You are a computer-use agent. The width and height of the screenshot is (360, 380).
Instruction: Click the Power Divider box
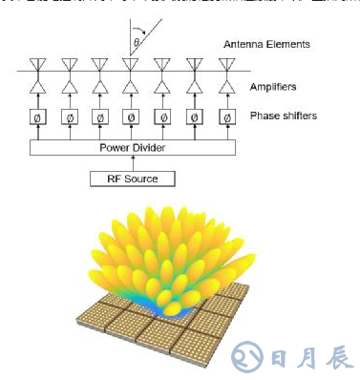pos(133,149)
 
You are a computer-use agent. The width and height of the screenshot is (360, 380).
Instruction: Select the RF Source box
pos(133,179)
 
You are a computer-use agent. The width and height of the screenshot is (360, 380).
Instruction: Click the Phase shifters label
pos(284,116)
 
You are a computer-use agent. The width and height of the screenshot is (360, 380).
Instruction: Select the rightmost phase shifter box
pos(226,117)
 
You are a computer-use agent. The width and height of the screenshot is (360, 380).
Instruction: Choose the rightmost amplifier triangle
pos(226,88)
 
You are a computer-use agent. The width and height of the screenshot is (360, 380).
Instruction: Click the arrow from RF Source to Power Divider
pos(133,164)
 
